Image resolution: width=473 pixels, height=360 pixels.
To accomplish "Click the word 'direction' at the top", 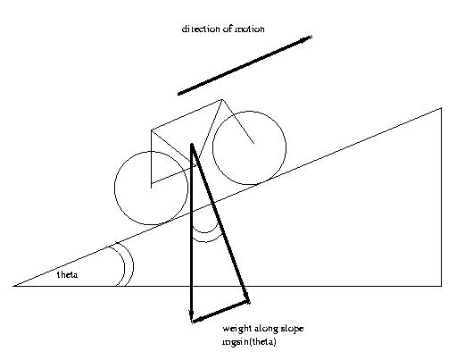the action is click(201, 29).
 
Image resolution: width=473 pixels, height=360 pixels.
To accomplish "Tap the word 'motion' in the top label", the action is click(250, 29).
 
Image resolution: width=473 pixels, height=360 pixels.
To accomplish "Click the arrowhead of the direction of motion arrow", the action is click(311, 37).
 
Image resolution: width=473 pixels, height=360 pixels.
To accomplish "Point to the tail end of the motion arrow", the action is click(178, 94).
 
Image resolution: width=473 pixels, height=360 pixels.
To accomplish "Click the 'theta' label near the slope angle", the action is click(67, 275).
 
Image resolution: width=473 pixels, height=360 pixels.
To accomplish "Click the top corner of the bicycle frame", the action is click(221, 100).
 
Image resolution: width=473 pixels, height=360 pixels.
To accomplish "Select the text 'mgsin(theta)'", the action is click(249, 342).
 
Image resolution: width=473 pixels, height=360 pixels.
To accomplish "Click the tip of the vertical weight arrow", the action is click(192, 322).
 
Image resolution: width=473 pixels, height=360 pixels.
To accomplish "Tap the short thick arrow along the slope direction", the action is click(220, 312).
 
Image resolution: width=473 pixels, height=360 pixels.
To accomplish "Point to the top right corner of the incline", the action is click(442, 107).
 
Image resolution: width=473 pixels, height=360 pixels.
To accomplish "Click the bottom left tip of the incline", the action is click(13, 286).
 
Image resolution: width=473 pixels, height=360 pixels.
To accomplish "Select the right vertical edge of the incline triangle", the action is click(442, 197).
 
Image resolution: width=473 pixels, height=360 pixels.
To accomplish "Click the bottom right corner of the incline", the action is click(442, 286).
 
